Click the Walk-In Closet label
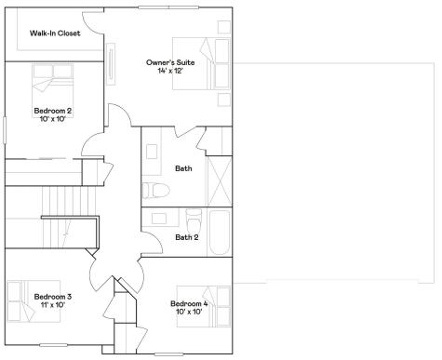coord(55,33)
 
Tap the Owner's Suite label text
coord(171,62)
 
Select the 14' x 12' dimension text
coord(171,71)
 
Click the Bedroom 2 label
coord(53,110)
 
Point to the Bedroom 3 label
coord(53,297)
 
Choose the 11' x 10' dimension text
coord(53,305)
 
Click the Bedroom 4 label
coord(190,303)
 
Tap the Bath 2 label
coord(187,236)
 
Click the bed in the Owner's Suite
coord(211,62)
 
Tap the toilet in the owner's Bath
coord(155,191)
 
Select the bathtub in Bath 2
coord(220,232)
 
